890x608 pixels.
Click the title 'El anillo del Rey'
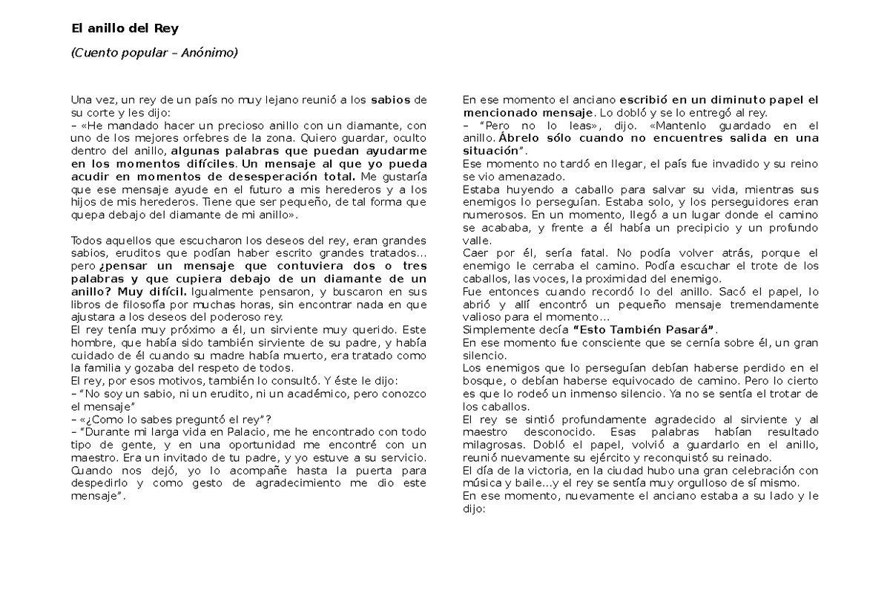click(125, 29)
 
